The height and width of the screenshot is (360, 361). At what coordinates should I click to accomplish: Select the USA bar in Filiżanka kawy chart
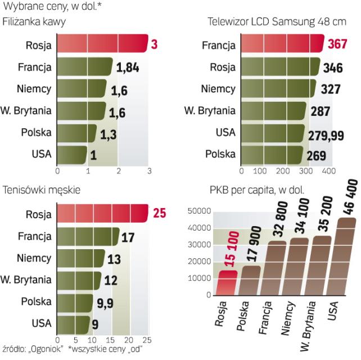tap(71, 154)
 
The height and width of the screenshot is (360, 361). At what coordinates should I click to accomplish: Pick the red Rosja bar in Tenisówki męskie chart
tap(101, 214)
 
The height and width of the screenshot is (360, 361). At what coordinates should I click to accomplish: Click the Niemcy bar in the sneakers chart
tap(81, 258)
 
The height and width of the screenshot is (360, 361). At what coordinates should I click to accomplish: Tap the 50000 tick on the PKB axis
tap(200, 211)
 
